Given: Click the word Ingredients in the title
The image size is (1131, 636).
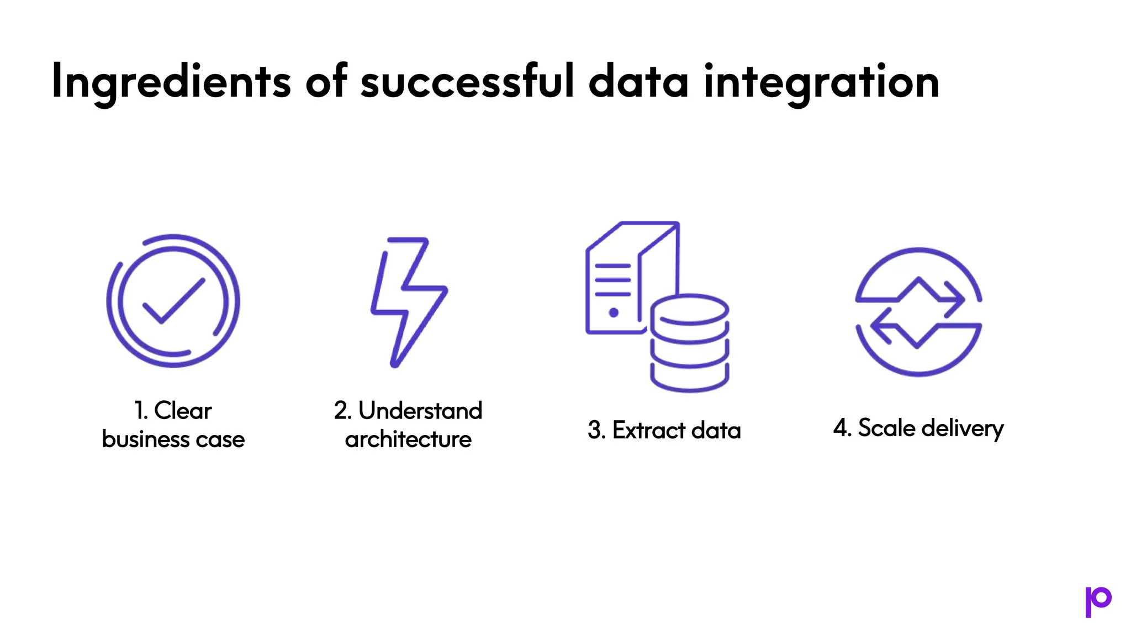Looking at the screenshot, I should (171, 82).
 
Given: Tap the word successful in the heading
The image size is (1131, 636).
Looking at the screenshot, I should (467, 81).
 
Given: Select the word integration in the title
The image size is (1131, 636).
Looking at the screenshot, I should (821, 82).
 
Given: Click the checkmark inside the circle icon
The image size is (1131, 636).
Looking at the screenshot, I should (173, 300).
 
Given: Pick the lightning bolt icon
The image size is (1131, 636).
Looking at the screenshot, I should (409, 301).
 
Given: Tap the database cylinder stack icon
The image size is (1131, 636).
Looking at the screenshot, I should (690, 342).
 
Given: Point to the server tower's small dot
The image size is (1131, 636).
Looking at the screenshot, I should (614, 312).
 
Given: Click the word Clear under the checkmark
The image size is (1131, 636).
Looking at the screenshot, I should (183, 411).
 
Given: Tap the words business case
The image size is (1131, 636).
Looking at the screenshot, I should (173, 439).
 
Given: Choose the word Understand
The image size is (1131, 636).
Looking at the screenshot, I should (420, 411).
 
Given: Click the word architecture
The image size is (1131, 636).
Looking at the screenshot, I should (408, 439).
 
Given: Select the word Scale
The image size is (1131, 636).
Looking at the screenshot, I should (886, 428).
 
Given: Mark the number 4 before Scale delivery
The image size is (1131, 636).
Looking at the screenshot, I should (840, 428).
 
